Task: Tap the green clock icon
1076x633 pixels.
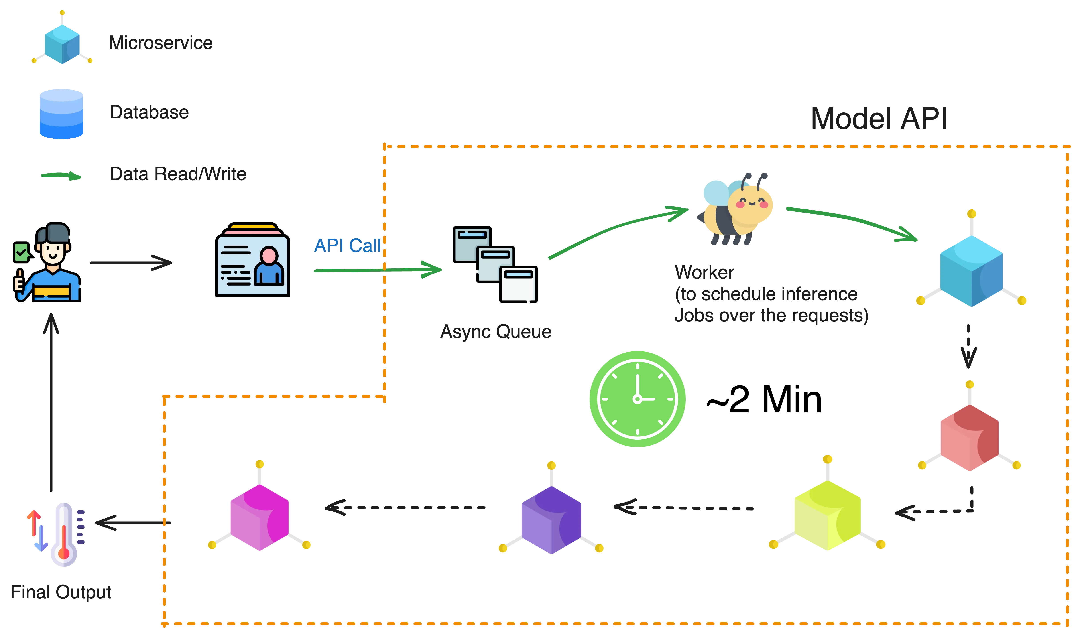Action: coord(637,398)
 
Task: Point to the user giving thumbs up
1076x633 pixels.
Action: coord(47,263)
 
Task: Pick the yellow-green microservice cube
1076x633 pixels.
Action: coord(828,515)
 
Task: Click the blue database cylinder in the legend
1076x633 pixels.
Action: coord(61,114)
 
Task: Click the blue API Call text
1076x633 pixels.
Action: coord(347,246)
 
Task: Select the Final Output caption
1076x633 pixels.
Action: coord(61,592)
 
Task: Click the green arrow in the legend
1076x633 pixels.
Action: coord(61,176)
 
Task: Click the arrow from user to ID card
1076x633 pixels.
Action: coord(131,263)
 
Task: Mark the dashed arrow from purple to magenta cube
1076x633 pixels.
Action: coord(406,507)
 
